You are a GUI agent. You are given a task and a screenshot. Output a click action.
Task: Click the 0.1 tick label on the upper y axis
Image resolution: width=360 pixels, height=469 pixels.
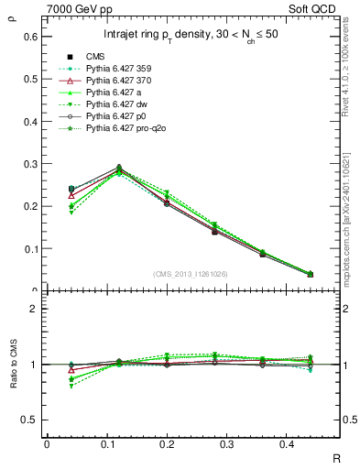coord(30,248)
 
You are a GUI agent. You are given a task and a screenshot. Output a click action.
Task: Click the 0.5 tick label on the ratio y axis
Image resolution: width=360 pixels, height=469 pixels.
coord(30,420)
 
